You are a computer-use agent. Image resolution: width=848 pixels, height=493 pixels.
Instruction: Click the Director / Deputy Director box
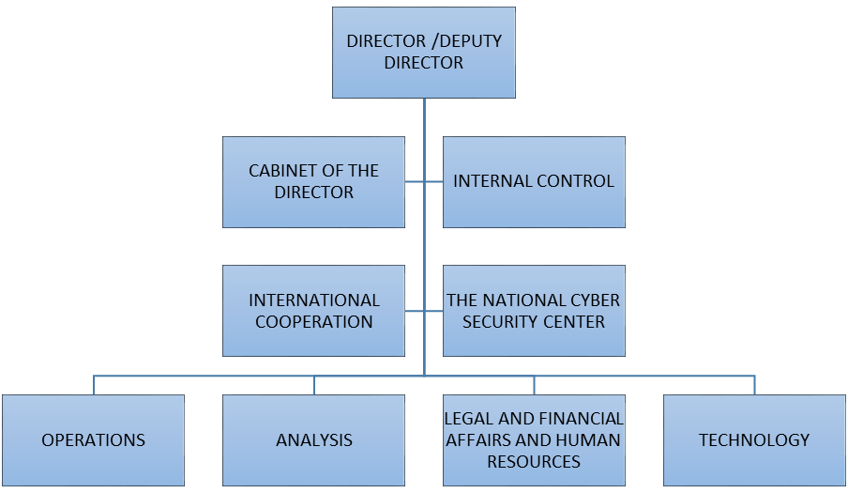click(x=424, y=53)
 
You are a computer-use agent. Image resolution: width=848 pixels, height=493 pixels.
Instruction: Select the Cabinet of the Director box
click(x=313, y=182)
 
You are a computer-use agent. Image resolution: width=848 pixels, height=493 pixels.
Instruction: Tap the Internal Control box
click(x=534, y=181)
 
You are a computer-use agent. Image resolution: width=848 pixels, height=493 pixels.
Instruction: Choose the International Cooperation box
click(x=313, y=311)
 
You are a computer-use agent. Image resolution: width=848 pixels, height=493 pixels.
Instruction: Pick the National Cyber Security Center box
click(x=534, y=311)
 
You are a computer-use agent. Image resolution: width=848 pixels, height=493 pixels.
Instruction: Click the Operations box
click(x=93, y=439)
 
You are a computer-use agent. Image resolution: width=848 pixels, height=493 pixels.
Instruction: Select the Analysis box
click(x=313, y=439)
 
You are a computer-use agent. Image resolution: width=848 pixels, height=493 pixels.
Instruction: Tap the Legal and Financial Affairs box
click(x=534, y=439)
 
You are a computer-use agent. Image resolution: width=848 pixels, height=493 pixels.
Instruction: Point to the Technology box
click(x=754, y=439)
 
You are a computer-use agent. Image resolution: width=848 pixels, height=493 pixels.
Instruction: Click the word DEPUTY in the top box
click(x=469, y=41)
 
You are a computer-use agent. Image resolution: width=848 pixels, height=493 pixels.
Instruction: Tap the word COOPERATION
click(x=313, y=322)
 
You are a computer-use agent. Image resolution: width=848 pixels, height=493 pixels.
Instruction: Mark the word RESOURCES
click(x=534, y=461)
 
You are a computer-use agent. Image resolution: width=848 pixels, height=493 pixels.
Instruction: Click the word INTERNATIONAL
click(x=313, y=300)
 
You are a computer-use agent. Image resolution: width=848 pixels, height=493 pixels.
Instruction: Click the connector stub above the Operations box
click(x=94, y=385)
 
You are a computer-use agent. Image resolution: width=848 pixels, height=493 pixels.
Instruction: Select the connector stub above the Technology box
click(x=754, y=385)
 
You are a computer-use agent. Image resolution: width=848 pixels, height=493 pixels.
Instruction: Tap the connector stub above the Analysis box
click(x=314, y=385)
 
